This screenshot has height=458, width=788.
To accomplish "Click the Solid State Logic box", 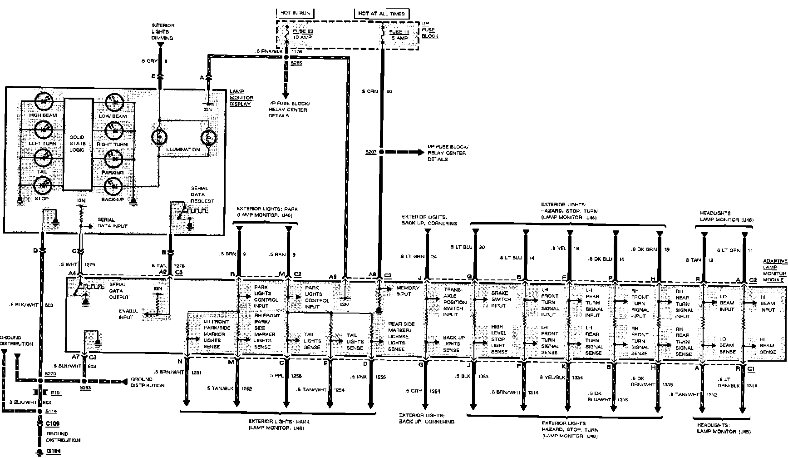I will [77, 144].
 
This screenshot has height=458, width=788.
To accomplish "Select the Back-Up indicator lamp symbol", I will [112, 186].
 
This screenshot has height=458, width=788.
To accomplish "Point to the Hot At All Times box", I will [381, 14].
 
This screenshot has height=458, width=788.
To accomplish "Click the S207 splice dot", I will [382, 152].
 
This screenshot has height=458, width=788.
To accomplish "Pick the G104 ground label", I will [51, 452].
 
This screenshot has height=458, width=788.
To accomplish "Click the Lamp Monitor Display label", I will [241, 98].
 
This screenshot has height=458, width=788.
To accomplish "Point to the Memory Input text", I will [408, 291].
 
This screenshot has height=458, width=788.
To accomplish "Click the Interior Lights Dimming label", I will [163, 32].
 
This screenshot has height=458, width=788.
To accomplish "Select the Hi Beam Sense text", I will [768, 345].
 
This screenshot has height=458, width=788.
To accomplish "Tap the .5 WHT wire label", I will [66, 264].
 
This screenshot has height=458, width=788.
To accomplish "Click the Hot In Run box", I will [295, 14].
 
